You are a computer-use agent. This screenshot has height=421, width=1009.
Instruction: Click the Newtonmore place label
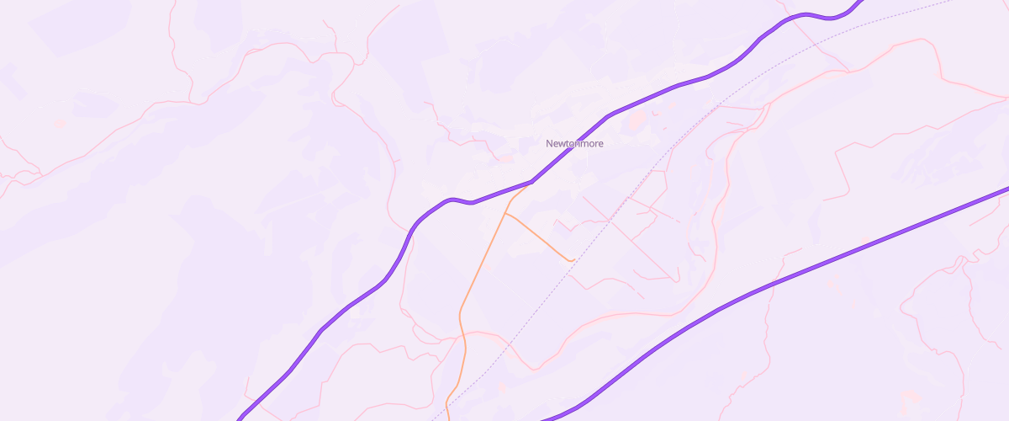click(x=574, y=143)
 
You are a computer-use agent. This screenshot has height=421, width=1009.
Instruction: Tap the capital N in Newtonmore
click(x=549, y=143)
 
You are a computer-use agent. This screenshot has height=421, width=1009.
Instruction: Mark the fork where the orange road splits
click(x=504, y=212)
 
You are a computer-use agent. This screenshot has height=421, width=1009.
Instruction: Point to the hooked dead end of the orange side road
click(x=573, y=260)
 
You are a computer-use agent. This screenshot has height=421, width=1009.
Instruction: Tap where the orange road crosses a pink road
click(x=463, y=334)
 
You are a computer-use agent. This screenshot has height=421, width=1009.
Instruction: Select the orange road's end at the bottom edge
click(x=447, y=418)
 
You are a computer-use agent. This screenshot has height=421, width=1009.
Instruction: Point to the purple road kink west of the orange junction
click(x=454, y=200)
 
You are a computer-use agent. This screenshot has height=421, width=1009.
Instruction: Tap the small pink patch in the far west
click(x=59, y=125)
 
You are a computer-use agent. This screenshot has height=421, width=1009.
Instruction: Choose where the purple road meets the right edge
click(x=1006, y=188)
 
